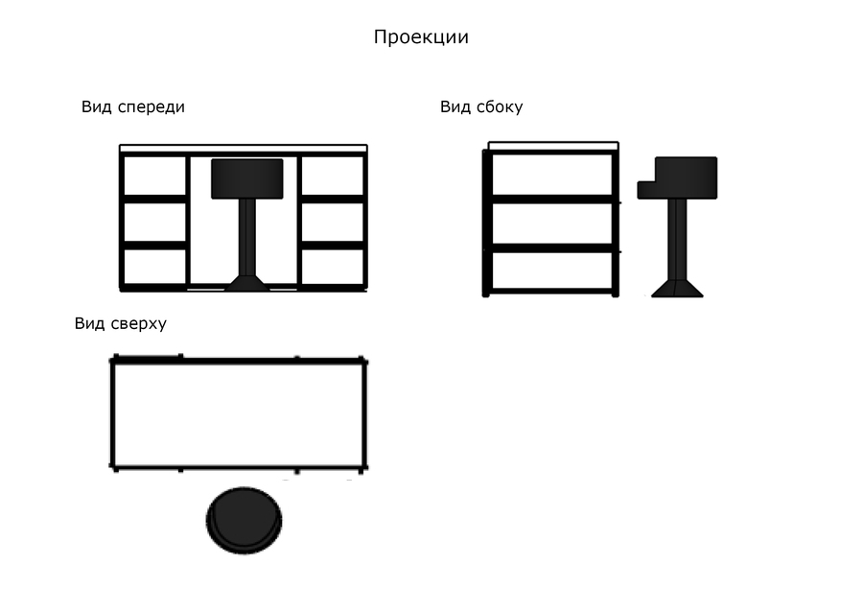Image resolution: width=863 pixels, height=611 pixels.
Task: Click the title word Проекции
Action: click(421, 37)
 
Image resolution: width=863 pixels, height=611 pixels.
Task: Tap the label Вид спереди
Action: click(133, 106)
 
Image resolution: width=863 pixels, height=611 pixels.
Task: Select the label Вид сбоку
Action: click(481, 106)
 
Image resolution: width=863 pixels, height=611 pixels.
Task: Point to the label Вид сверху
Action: click(121, 323)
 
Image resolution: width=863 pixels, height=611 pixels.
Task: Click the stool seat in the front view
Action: click(247, 179)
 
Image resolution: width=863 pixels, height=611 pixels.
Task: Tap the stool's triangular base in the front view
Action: click(247, 283)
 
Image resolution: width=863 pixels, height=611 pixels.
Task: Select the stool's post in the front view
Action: click(247, 237)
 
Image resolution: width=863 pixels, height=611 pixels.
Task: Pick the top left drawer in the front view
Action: click(155, 176)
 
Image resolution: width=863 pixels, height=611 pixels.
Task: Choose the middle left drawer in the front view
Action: click(155, 223)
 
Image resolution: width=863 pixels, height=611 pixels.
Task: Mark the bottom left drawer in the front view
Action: click(155, 267)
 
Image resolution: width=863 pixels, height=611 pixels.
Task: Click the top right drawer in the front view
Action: click(333, 176)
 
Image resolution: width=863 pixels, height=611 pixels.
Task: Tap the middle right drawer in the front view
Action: click(333, 223)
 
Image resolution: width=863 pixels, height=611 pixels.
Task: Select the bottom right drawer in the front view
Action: click(333, 267)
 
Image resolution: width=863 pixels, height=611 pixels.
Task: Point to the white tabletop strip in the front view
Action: click(244, 148)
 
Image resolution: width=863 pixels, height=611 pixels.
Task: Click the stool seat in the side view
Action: click(678, 177)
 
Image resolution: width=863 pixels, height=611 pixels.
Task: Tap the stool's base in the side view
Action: click(677, 289)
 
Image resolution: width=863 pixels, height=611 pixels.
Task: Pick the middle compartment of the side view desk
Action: click(552, 223)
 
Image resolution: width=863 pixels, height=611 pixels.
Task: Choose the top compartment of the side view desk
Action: click(552, 175)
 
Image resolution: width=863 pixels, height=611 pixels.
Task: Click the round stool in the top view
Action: click(245, 520)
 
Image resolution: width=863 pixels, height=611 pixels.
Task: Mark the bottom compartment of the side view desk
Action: click(552, 270)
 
